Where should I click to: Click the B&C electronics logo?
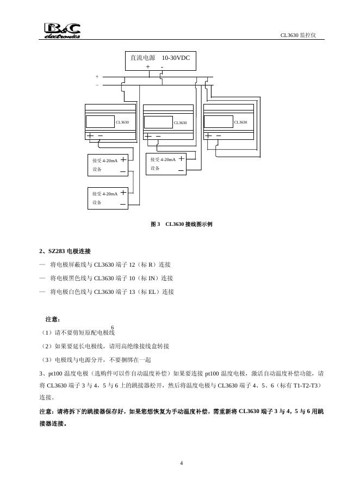tap(62, 30)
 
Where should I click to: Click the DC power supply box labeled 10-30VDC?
tap(160, 61)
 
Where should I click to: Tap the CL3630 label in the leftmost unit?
tap(122, 122)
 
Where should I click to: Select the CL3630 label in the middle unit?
tap(180, 122)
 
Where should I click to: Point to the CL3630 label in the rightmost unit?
tap(240, 122)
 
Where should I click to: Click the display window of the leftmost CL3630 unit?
tap(101, 122)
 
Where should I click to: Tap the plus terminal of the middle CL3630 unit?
tap(148, 136)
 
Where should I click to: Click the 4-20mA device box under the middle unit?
tap(167, 164)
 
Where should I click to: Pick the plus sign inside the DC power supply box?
tap(148, 67)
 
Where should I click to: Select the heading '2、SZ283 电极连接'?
tap(65, 251)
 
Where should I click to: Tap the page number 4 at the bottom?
tap(182, 463)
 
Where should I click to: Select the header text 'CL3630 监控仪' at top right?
tap(298, 35)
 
